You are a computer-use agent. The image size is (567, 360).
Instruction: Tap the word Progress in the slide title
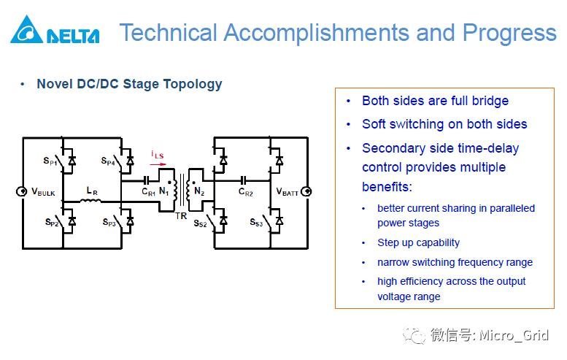[509, 33]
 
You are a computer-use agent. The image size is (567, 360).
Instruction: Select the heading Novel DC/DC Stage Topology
[129, 84]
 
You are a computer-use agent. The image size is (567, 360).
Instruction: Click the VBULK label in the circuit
[43, 191]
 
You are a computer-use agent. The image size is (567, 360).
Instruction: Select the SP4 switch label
[109, 161]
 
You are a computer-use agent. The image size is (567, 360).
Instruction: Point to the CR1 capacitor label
[148, 192]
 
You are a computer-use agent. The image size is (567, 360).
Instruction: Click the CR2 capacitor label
[245, 192]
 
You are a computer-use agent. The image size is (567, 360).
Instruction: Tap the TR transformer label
[181, 216]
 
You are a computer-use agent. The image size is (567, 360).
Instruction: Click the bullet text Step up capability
[418, 242]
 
